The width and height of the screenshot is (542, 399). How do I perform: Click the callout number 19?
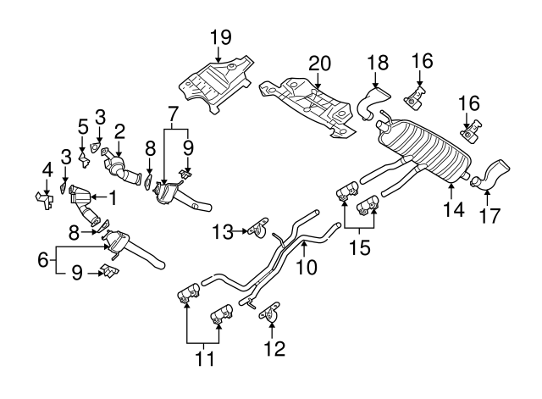click(219, 37)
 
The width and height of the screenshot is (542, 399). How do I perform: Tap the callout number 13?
click(221, 230)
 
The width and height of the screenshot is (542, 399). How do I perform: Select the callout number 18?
click(377, 61)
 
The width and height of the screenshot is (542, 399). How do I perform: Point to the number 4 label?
click(47, 169)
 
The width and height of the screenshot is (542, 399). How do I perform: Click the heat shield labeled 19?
click(216, 82)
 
